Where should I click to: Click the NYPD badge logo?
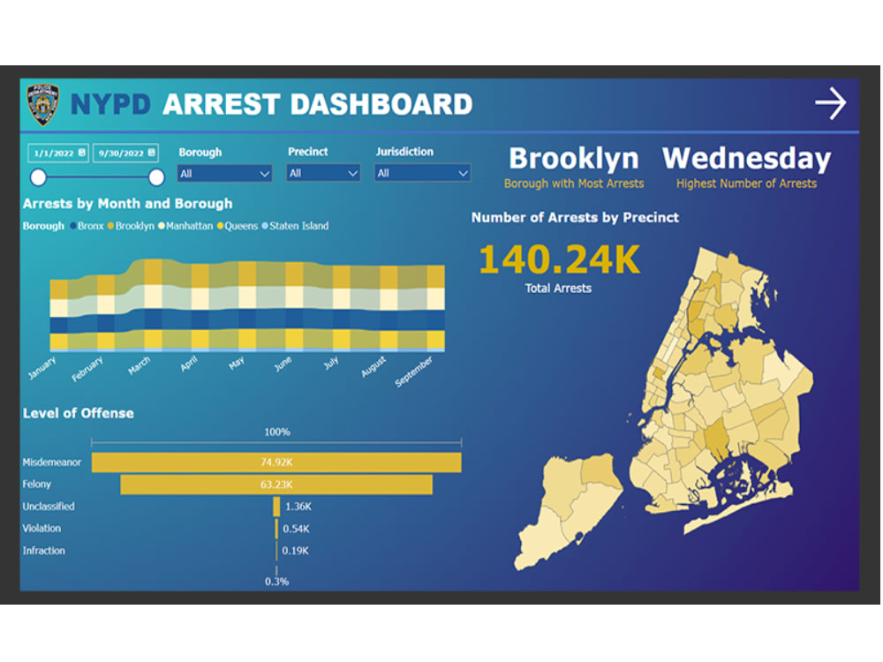[x=42, y=104]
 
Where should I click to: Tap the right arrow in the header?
[x=830, y=104]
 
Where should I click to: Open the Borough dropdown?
[x=225, y=174]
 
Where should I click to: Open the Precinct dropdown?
[x=323, y=174]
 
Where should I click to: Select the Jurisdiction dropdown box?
[x=422, y=174]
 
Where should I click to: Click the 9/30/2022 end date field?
[x=125, y=153]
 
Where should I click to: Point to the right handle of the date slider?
[x=156, y=177]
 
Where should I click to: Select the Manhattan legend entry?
[x=187, y=226]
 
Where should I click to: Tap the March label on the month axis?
[x=140, y=365]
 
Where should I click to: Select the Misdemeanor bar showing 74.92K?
[x=276, y=462]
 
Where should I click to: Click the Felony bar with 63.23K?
[x=276, y=485]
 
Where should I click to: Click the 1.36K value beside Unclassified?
[x=298, y=507]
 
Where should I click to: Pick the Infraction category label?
[x=44, y=551]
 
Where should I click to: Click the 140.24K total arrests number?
[x=559, y=260]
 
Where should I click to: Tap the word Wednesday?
[x=746, y=158]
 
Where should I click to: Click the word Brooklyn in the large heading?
[x=573, y=158]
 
